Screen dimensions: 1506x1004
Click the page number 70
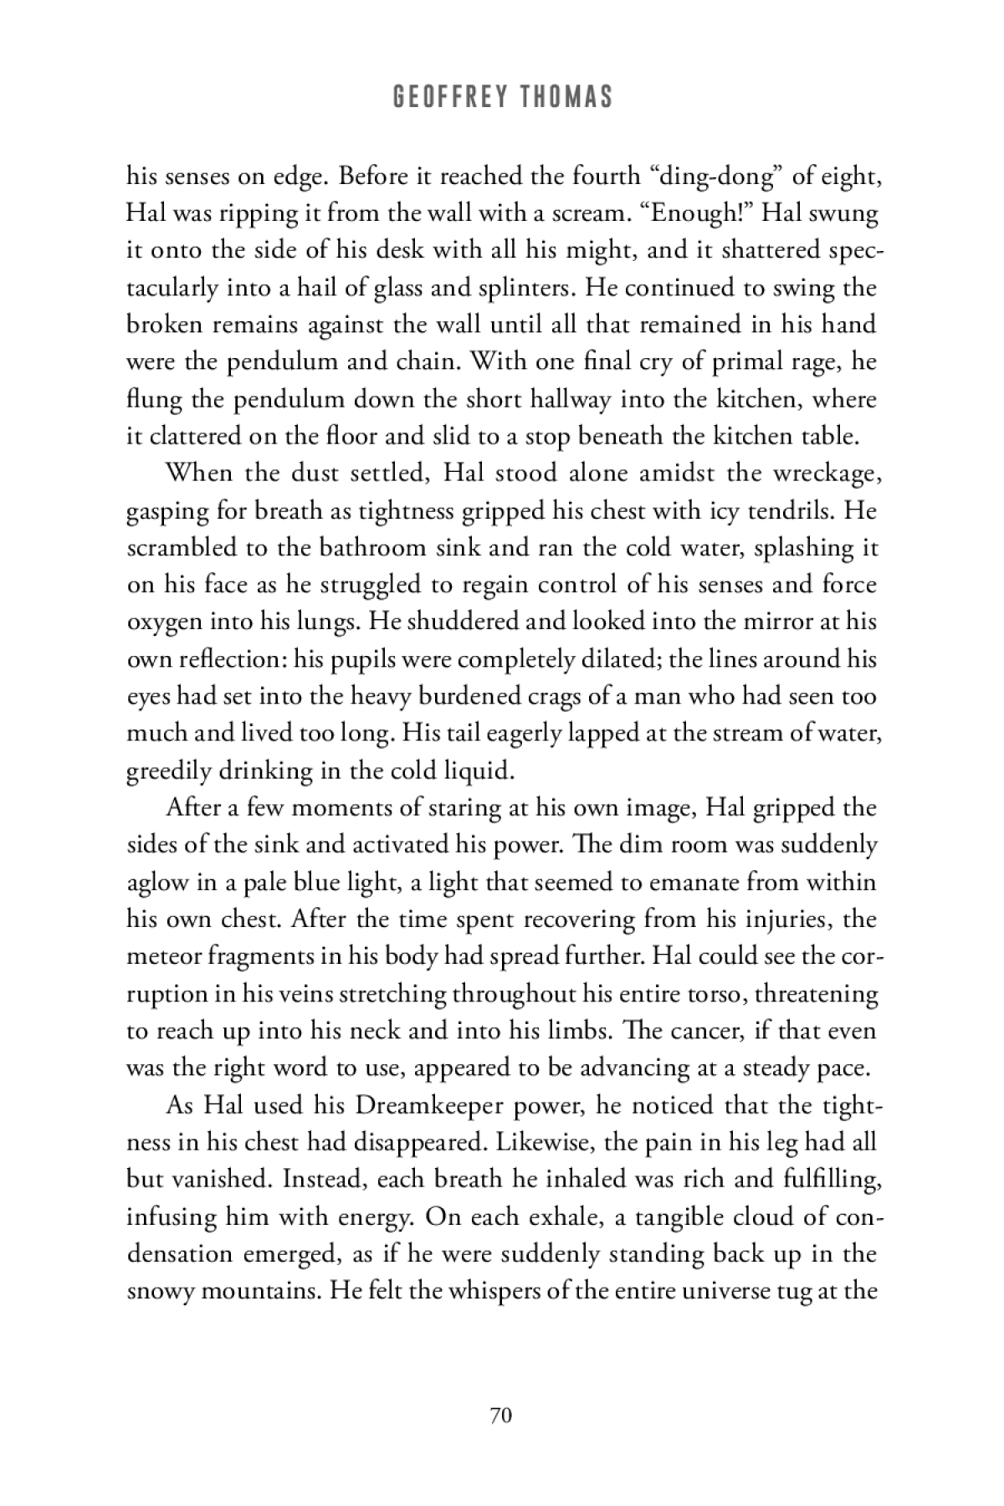[501, 1415]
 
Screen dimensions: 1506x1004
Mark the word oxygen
[161, 622]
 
